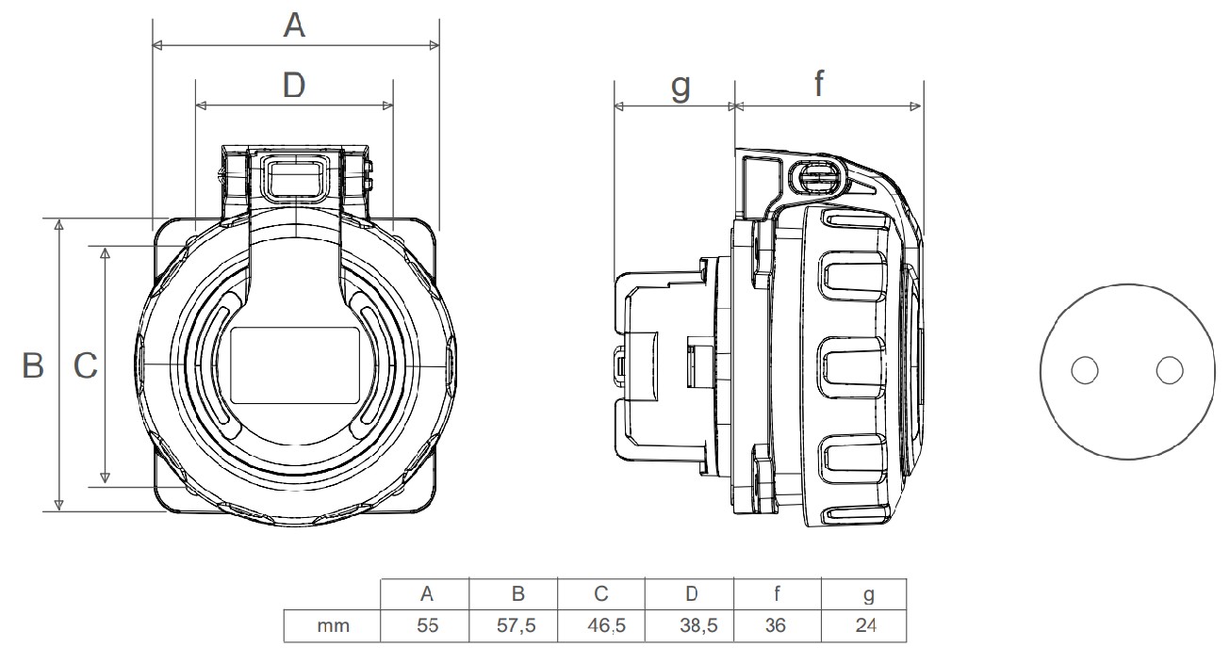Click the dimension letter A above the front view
(295, 26)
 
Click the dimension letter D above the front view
(294, 86)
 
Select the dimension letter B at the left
(33, 365)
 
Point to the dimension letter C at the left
(86, 365)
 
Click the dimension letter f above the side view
(818, 85)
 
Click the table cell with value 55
(426, 625)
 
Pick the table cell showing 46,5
(601, 625)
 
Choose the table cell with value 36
(776, 625)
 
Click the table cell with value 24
(865, 625)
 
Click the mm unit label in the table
(333, 625)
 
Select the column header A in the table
(426, 594)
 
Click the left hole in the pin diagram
(1085, 371)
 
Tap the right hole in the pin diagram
(1169, 371)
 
